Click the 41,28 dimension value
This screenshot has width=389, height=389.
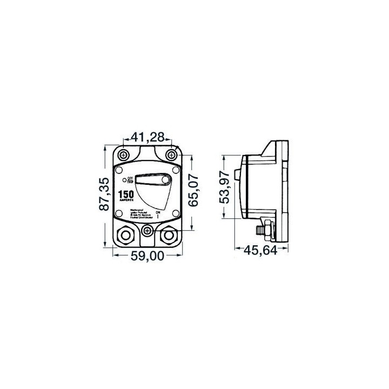147,138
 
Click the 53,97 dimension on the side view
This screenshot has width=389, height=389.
226,186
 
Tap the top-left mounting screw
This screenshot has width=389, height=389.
125,156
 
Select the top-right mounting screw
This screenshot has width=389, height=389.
171,156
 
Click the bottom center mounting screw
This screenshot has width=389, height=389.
147,231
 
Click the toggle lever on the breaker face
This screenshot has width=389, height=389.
154,179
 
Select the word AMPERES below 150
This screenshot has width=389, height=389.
128,200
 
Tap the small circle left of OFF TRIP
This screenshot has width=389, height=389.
124,179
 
